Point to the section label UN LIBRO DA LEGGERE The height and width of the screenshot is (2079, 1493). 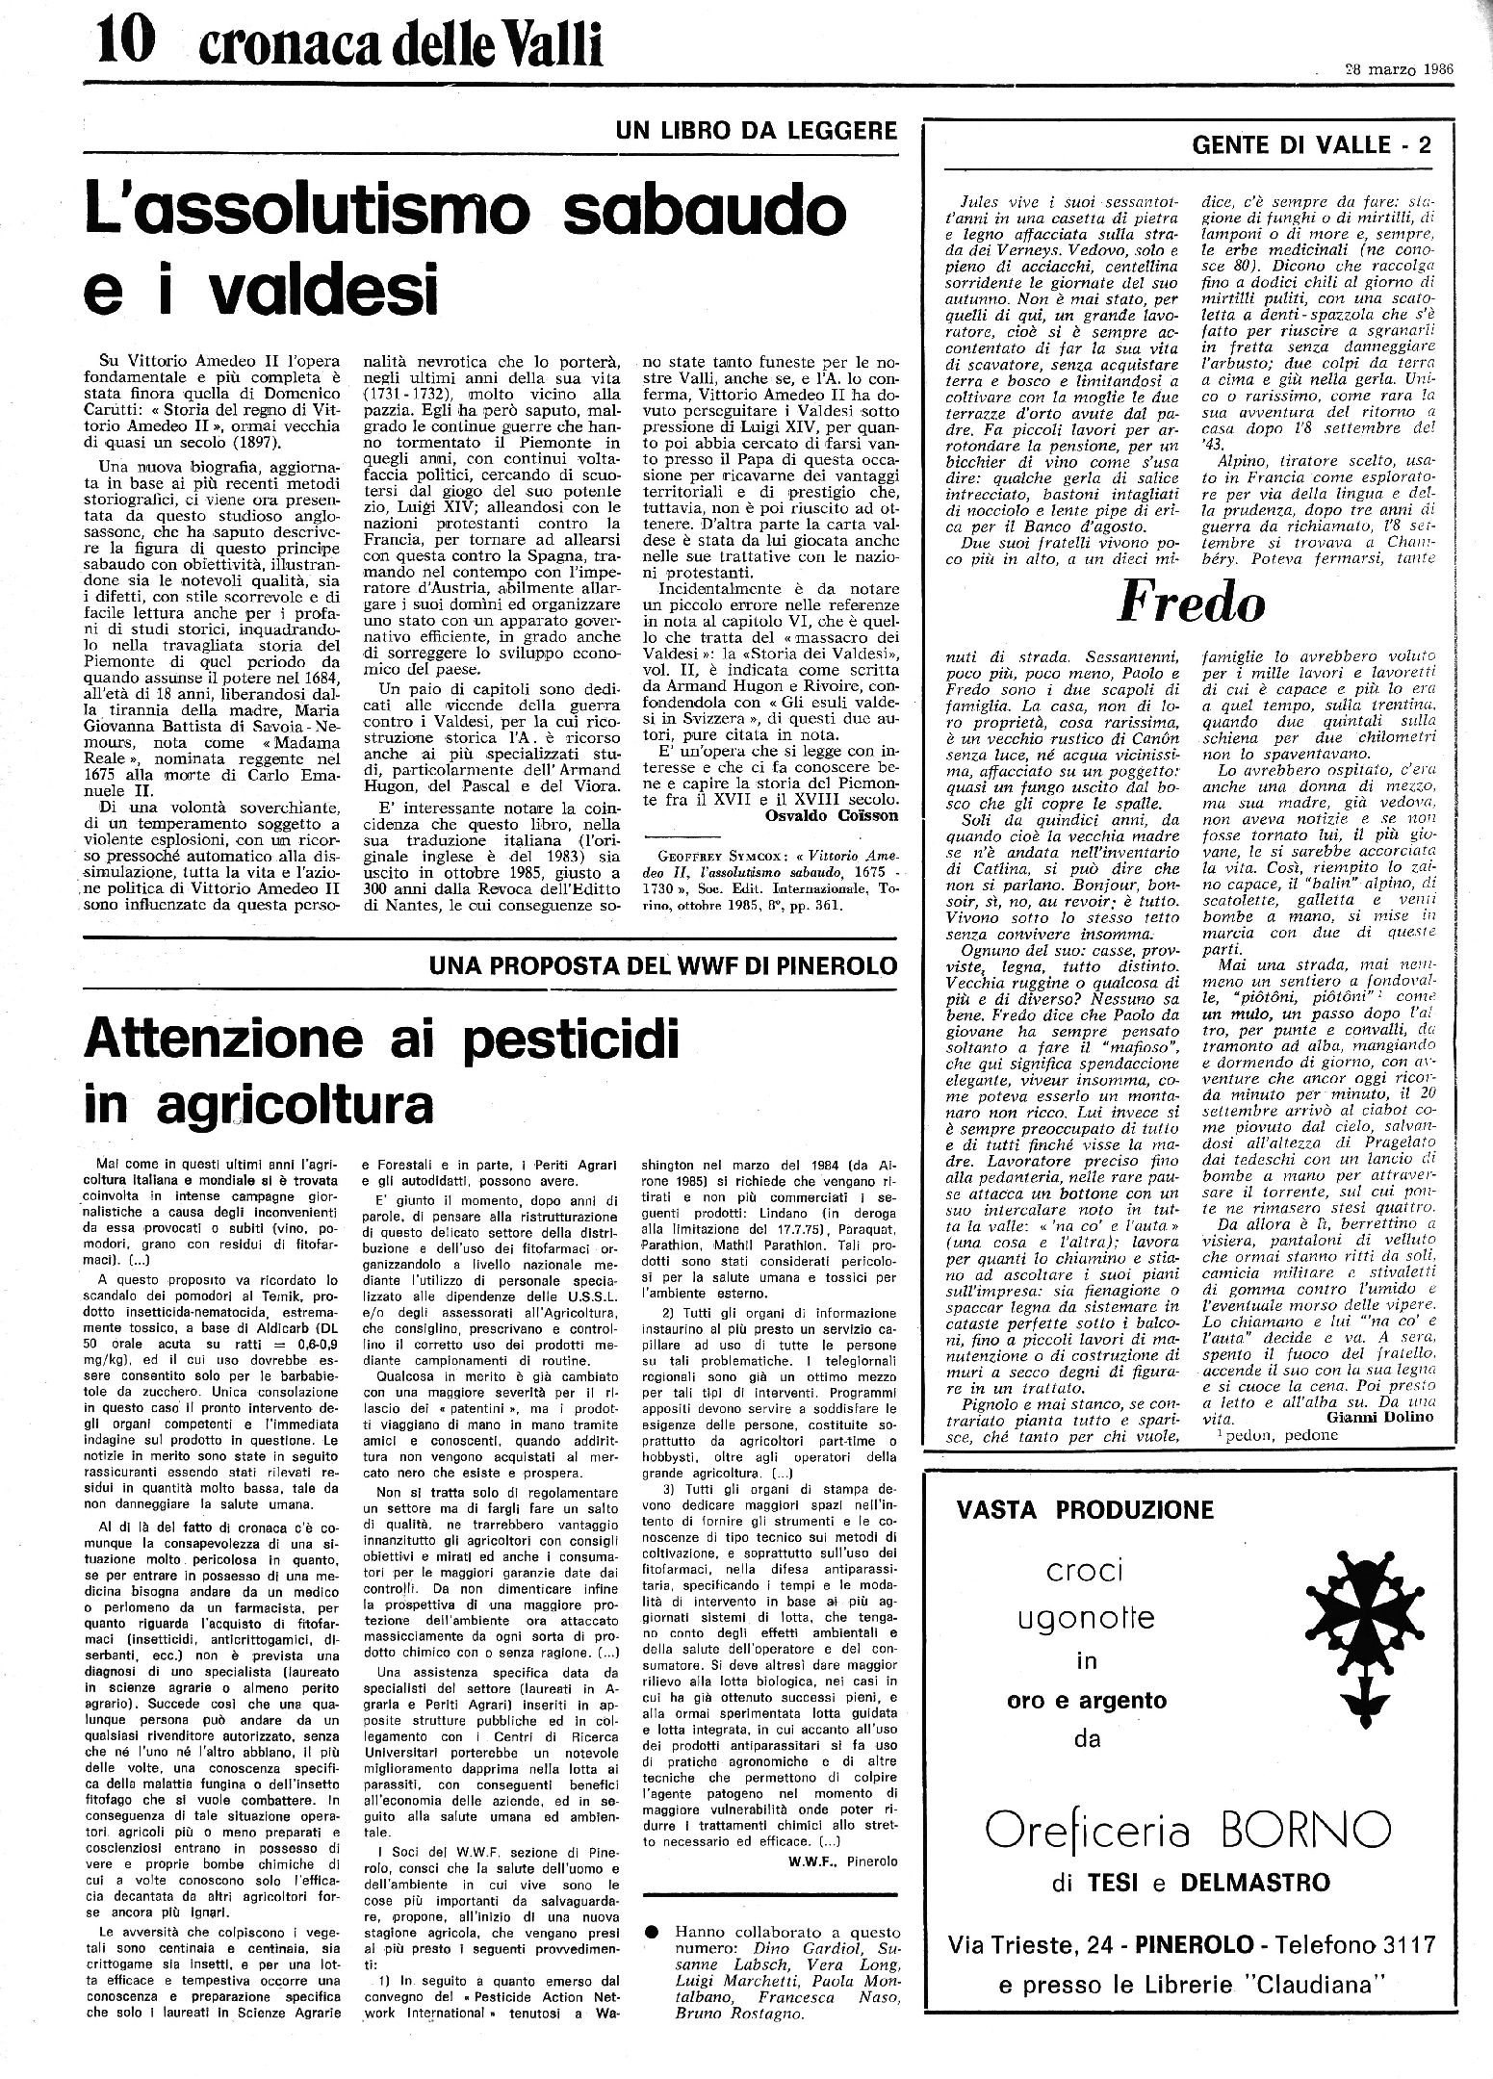tap(759, 130)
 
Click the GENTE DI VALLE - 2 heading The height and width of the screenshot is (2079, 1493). tap(1311, 145)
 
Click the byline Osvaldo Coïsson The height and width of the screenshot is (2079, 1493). tap(833, 815)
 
